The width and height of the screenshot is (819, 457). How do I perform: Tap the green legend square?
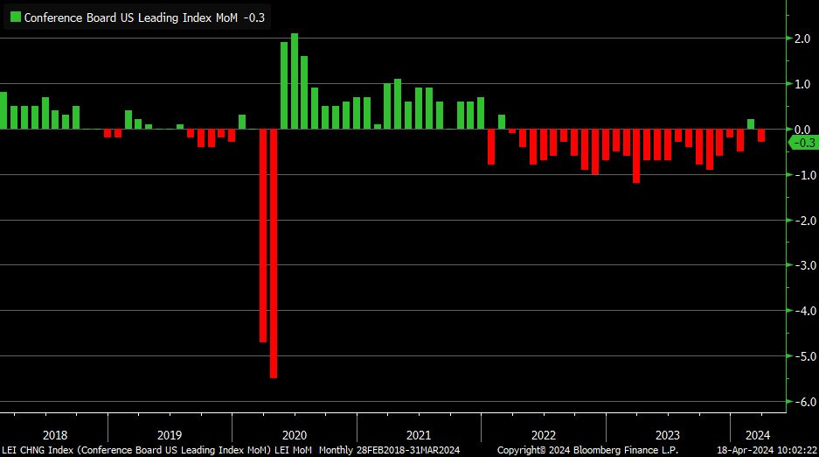(15, 17)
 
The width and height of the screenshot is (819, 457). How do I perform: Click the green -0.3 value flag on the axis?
(802, 144)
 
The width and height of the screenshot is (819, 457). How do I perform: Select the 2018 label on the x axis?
(54, 435)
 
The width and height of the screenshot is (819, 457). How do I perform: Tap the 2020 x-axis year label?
(295, 435)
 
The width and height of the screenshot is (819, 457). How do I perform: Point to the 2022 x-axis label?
(543, 435)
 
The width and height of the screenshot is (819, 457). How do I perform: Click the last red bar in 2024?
(761, 135)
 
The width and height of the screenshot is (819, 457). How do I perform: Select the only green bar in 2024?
(751, 124)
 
